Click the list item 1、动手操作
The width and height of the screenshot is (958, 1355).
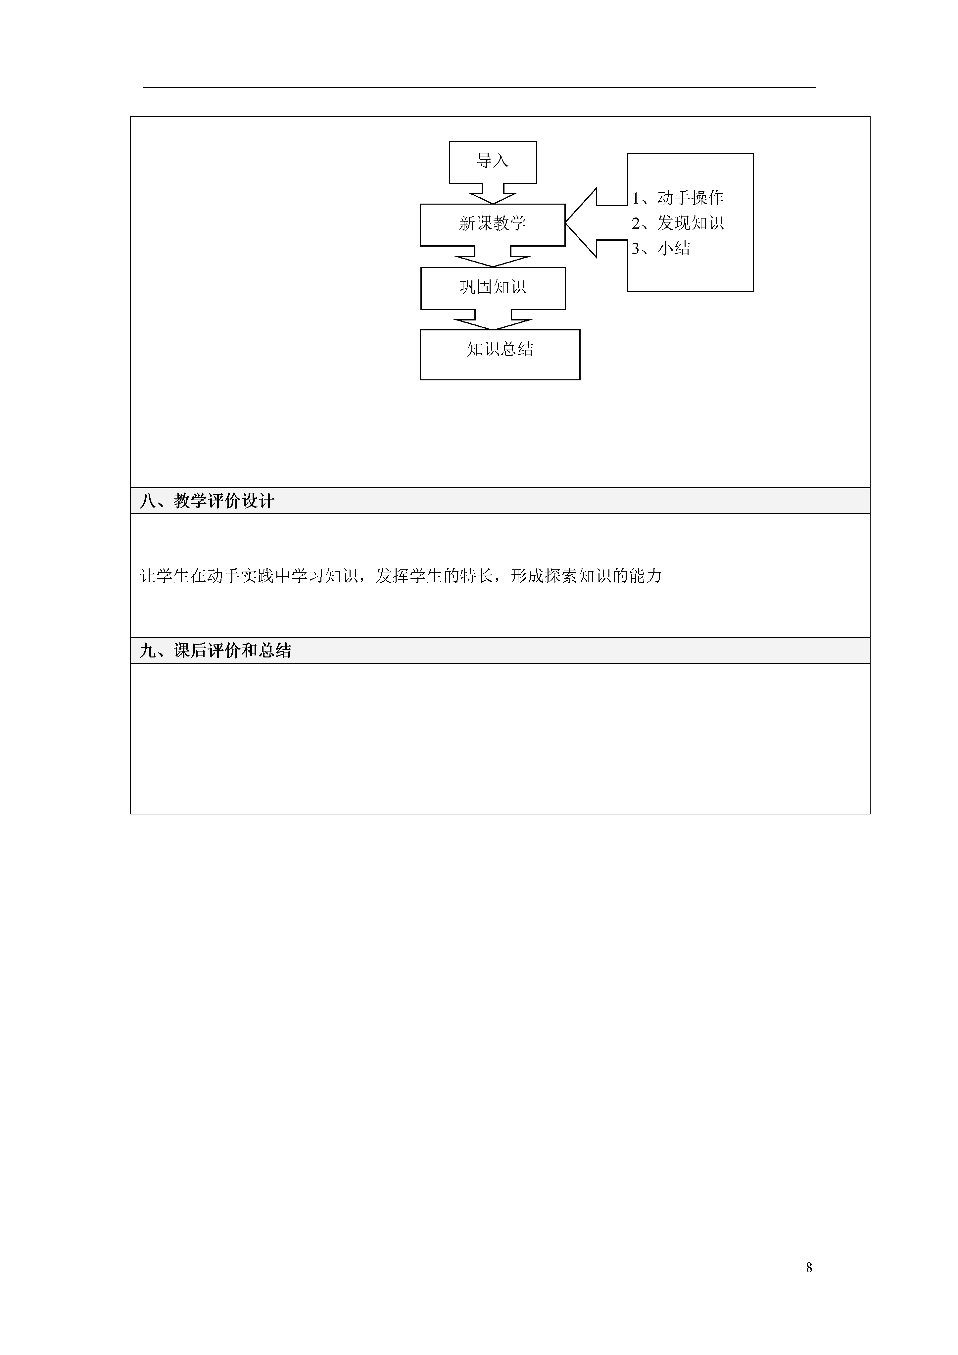tap(678, 198)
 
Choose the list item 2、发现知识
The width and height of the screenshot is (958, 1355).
tap(678, 223)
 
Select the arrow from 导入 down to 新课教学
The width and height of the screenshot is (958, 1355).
tap(493, 194)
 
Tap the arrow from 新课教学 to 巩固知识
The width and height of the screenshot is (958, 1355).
tap(493, 257)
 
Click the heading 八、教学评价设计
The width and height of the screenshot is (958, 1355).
tap(207, 501)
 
